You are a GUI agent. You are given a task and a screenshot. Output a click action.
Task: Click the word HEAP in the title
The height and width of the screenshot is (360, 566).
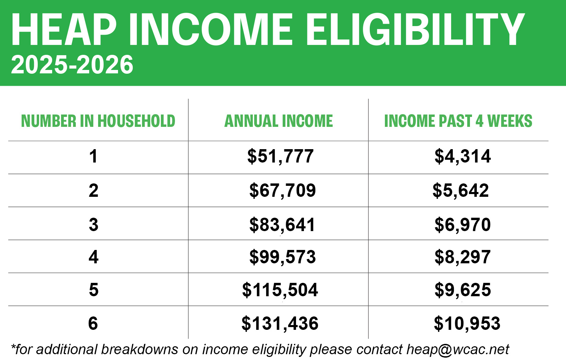[x=64, y=29]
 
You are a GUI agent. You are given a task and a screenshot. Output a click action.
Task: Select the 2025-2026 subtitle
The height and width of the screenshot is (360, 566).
[x=72, y=65]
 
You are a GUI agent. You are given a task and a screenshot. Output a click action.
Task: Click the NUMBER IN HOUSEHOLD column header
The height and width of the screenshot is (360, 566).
[x=98, y=121]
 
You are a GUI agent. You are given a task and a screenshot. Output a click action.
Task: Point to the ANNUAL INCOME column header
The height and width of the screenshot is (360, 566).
[x=279, y=121]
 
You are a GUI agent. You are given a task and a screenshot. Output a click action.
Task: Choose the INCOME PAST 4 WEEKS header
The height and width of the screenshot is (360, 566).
[x=458, y=121]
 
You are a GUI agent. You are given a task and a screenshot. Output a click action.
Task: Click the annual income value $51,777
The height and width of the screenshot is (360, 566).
[x=281, y=156]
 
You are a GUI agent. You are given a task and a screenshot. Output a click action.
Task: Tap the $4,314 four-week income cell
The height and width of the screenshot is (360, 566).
[x=463, y=156]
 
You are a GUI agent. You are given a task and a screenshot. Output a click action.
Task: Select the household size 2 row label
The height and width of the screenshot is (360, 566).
[x=94, y=191]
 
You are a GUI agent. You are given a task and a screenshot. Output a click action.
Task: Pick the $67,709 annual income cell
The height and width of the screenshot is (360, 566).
[x=283, y=191]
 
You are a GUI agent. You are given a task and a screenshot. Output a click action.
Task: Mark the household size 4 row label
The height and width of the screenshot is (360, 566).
[x=94, y=257]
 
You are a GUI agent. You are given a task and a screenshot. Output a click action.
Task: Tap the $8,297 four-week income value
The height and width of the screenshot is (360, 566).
[x=463, y=257]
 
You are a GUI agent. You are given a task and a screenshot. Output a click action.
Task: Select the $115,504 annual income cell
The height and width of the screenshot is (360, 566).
[x=280, y=290]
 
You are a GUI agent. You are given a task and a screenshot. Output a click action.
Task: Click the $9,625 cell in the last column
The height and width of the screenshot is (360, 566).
[x=463, y=290]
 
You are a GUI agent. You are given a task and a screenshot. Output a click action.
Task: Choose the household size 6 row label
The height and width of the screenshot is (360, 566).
[x=93, y=323]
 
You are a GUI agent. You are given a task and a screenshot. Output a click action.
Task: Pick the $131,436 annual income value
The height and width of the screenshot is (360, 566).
[x=280, y=323]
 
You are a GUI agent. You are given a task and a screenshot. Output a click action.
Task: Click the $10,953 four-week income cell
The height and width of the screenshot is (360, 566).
[x=467, y=323]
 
